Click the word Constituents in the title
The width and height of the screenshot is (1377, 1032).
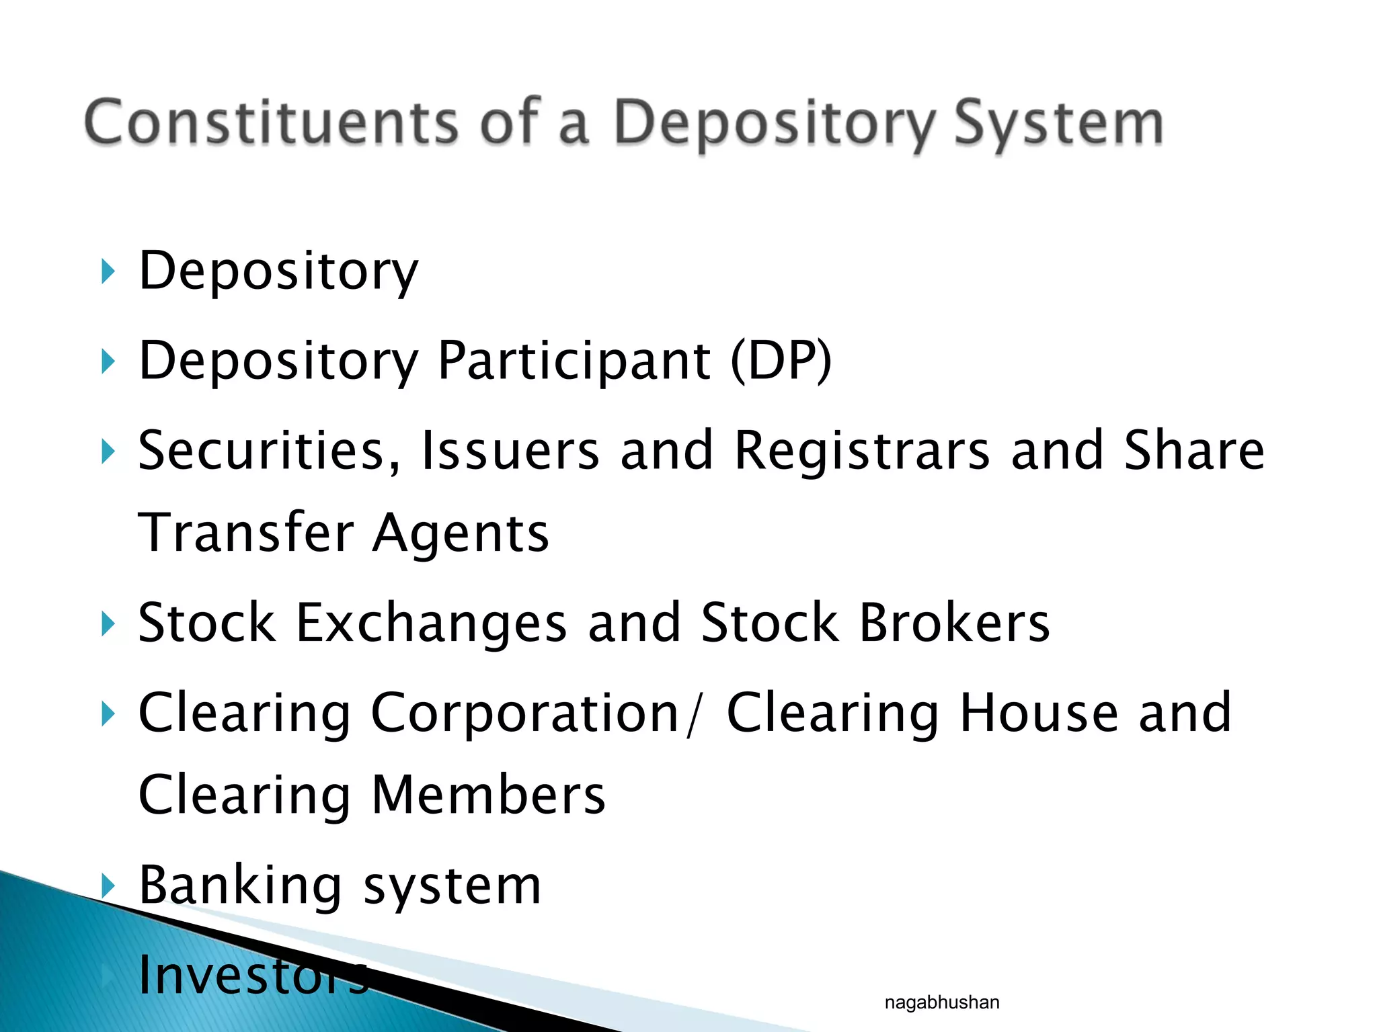point(270,122)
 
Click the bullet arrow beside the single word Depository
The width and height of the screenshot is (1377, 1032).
point(107,271)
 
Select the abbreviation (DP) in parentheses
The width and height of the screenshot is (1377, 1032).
point(781,361)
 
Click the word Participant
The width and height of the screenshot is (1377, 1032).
point(574,361)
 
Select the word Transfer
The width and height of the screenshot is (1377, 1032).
point(246,533)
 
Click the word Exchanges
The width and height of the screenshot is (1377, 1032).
point(431,623)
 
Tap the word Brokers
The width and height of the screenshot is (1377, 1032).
point(954,623)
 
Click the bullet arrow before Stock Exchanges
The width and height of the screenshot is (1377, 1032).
point(107,623)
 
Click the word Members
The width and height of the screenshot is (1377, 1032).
point(488,795)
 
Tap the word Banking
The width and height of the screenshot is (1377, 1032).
point(241,886)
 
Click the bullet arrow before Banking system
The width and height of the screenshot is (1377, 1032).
point(107,886)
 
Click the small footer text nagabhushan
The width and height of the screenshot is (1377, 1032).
point(941,1002)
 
